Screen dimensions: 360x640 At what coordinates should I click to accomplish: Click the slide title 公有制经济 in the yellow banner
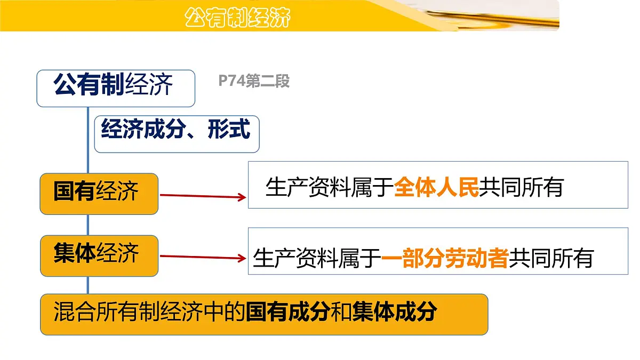238,17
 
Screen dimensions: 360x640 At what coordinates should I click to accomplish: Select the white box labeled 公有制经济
115,87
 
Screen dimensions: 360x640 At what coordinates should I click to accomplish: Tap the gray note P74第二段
254,81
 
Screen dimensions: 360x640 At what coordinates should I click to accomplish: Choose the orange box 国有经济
99,193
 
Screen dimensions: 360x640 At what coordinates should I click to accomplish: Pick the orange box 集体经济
99,255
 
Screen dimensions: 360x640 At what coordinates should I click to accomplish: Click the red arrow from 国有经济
203,196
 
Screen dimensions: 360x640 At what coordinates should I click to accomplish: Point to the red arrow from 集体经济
203,258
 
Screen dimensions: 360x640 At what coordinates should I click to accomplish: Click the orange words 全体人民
436,187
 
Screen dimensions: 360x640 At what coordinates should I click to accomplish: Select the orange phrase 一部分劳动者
445,258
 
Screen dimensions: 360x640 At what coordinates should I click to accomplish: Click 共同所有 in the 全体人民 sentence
521,187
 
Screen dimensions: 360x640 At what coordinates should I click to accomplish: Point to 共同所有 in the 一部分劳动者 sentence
551,258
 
